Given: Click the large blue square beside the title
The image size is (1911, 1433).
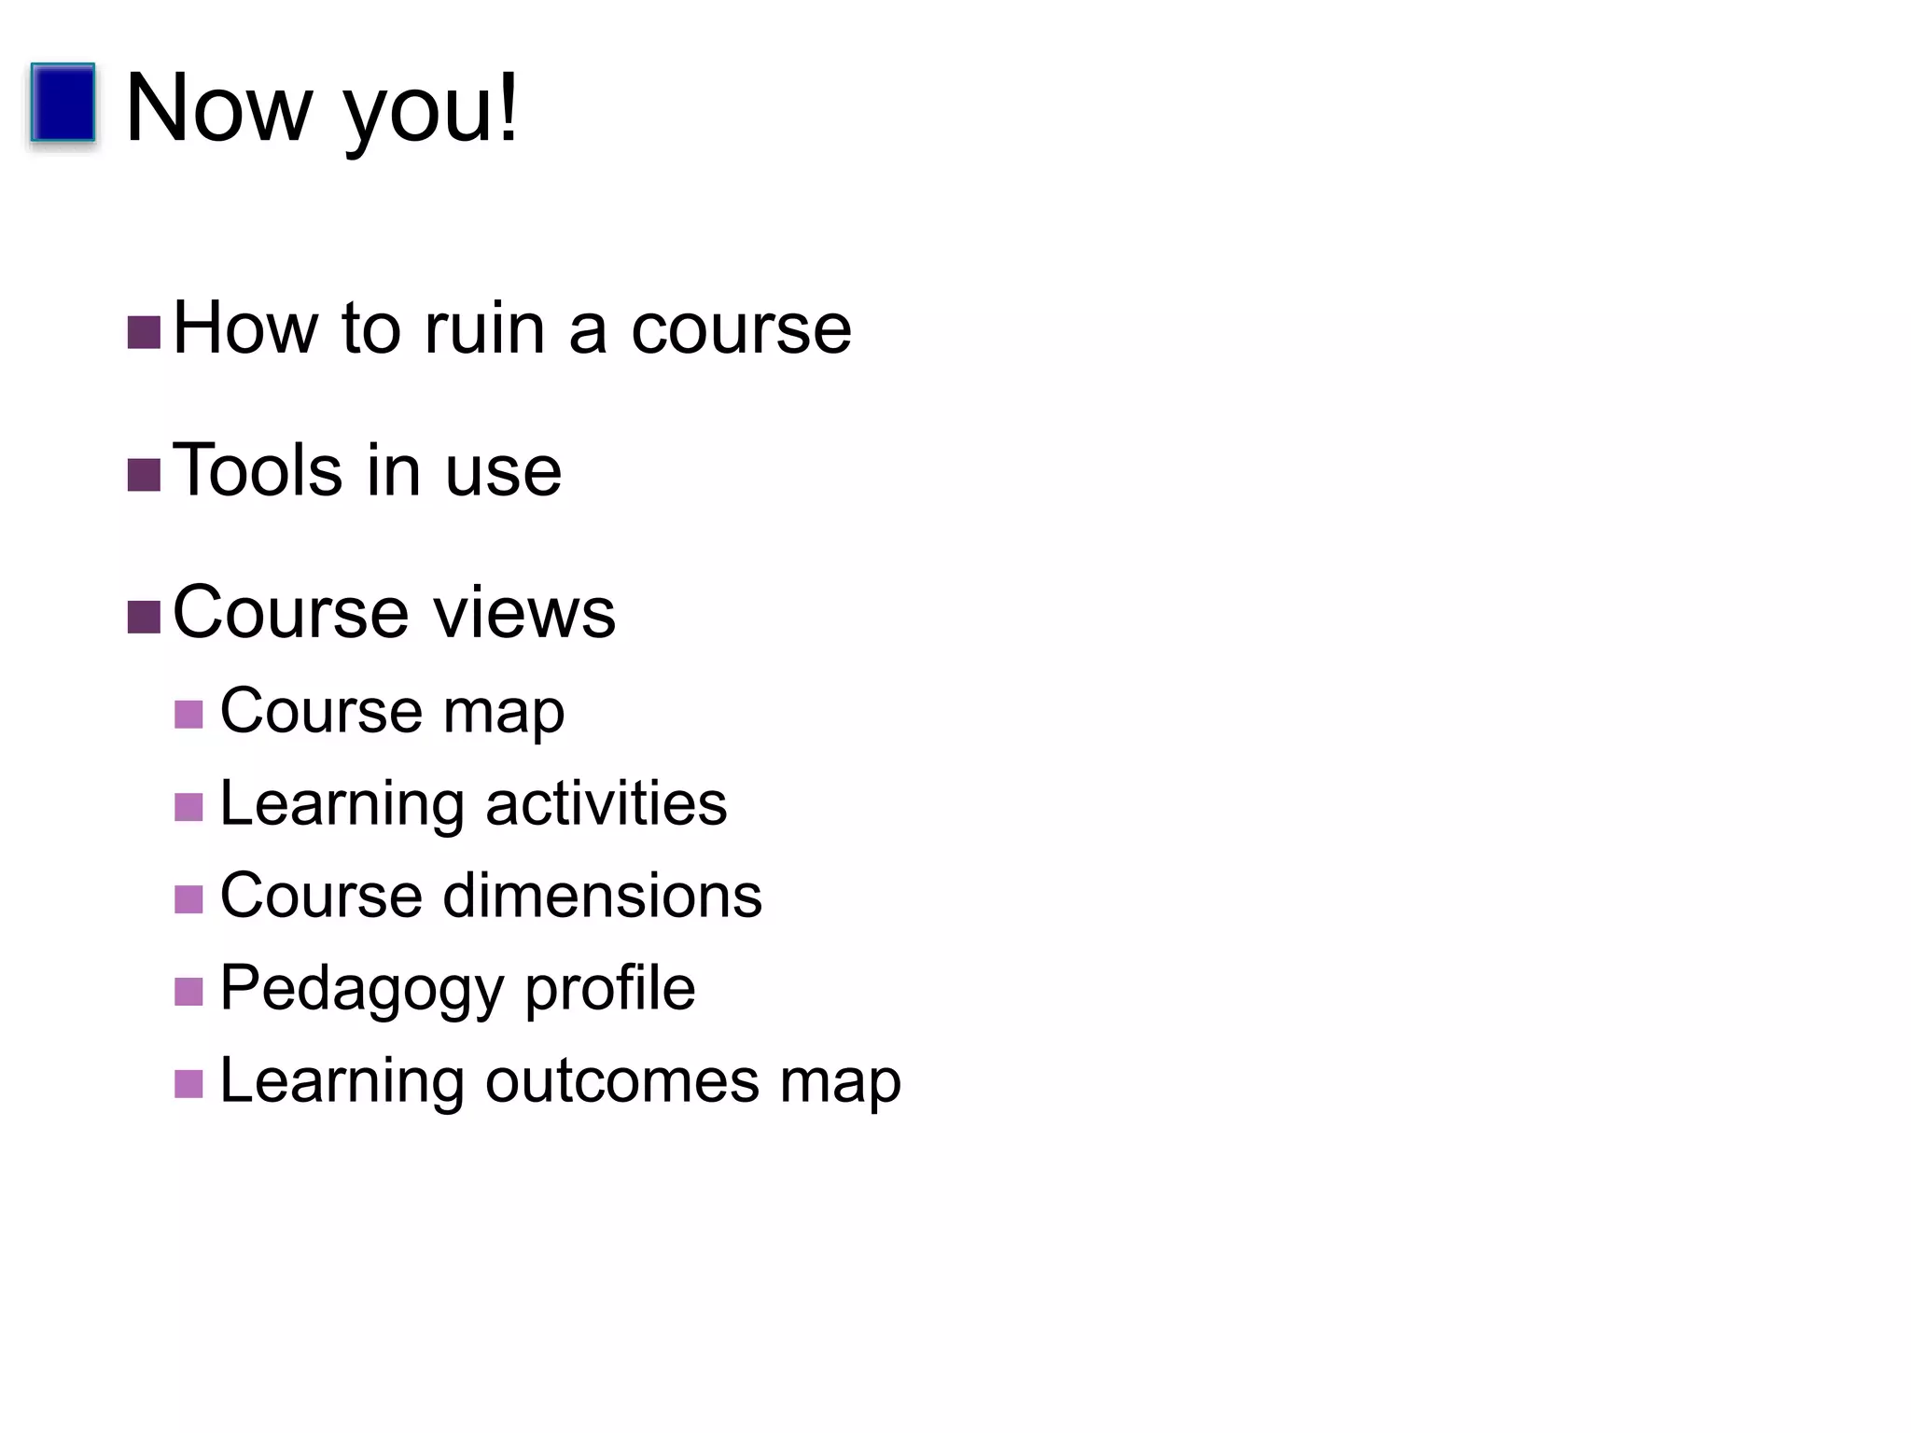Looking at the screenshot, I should (x=63, y=103).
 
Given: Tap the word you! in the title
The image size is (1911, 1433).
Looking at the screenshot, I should (x=431, y=112).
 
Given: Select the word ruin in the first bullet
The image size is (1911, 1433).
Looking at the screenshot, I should (x=484, y=328).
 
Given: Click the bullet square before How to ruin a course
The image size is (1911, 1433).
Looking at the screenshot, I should (x=144, y=333).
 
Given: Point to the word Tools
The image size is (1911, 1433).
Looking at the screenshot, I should (x=258, y=470).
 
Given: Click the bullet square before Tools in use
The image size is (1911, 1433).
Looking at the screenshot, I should (x=144, y=475).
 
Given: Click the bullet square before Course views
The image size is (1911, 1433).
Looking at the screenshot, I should (x=144, y=617).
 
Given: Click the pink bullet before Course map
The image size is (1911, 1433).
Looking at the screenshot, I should (x=188, y=715).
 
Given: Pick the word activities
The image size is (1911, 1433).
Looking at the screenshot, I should (x=606, y=803).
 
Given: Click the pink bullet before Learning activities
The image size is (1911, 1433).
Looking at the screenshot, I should (x=188, y=807).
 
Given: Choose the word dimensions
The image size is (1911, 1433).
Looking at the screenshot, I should (x=602, y=896).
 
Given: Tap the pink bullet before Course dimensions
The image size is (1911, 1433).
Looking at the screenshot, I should (x=188, y=899).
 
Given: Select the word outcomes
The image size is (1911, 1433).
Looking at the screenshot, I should (x=621, y=1081).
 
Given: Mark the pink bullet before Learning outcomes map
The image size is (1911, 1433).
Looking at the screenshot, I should (x=188, y=1084).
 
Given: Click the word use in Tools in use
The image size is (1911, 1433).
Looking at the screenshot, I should (x=503, y=472).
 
